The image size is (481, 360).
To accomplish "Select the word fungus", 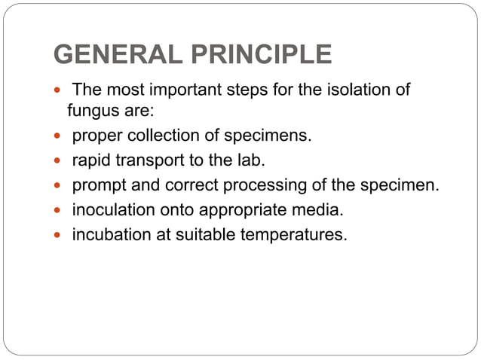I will coord(93,113).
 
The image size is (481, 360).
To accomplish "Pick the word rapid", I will coord(91,161).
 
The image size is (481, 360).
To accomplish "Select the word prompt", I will coord(97,185).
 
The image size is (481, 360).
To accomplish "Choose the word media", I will coord(310,209).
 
